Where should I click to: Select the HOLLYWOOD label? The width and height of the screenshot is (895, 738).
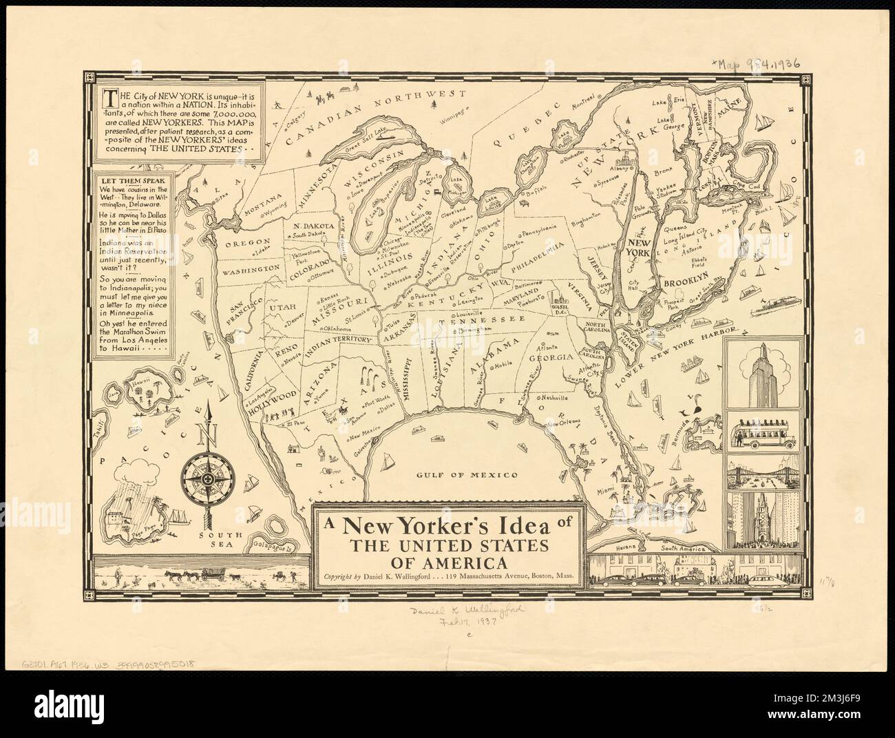pos(274,399)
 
